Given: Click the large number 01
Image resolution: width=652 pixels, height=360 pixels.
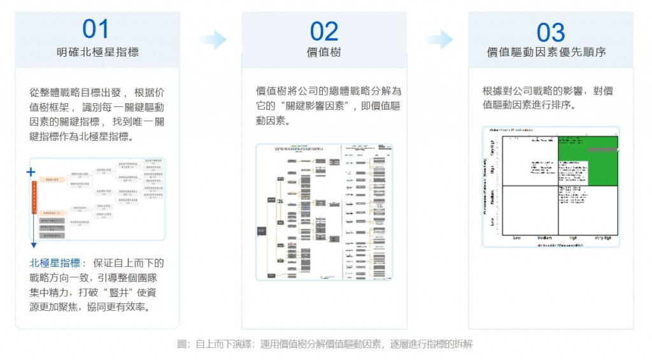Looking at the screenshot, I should pyautogui.click(x=96, y=29).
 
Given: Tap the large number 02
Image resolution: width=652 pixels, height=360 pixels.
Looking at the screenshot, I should pyautogui.click(x=323, y=31).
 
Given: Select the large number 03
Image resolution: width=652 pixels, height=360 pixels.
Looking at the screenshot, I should pyautogui.click(x=551, y=32).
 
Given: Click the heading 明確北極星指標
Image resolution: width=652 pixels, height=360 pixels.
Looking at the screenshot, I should pyautogui.click(x=97, y=52).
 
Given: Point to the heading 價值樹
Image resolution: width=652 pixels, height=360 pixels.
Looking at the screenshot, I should pyautogui.click(x=324, y=52).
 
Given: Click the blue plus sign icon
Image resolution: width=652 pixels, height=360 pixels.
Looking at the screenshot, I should pyautogui.click(x=31, y=172).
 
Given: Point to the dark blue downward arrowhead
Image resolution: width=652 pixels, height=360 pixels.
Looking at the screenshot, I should pyautogui.click(x=32, y=245).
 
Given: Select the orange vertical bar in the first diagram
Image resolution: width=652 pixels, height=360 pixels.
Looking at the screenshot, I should pyautogui.click(x=32, y=198).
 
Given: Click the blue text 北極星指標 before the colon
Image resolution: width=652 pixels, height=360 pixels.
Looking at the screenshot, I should pyautogui.click(x=54, y=263).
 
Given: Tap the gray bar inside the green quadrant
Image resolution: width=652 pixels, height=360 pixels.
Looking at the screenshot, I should pyautogui.click(x=602, y=150).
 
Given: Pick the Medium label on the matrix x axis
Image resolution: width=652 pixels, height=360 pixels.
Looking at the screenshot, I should pyautogui.click(x=545, y=238).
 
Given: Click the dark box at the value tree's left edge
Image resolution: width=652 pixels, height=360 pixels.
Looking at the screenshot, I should pyautogui.click(x=262, y=231).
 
